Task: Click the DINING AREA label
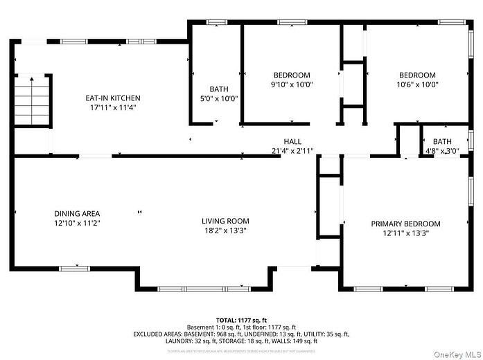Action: pyautogui.click(x=77, y=213)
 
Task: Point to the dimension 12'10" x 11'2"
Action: pyautogui.click(x=77, y=223)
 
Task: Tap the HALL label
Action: pyautogui.click(x=292, y=141)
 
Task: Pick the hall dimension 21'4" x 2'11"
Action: pyautogui.click(x=292, y=150)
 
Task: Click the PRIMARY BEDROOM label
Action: pyautogui.click(x=405, y=224)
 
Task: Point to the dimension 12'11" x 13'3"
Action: pyautogui.click(x=405, y=233)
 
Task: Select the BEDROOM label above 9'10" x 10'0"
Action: pyautogui.click(x=292, y=75)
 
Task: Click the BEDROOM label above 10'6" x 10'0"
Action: pyautogui.click(x=417, y=75)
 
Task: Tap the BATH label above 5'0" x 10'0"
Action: pyautogui.click(x=219, y=89)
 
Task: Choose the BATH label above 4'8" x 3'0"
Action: pyautogui.click(x=442, y=141)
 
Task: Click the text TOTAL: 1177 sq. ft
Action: pyautogui.click(x=241, y=319)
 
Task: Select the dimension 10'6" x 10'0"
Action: pyautogui.click(x=417, y=84)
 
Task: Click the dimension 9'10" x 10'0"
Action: pyautogui.click(x=292, y=84)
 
